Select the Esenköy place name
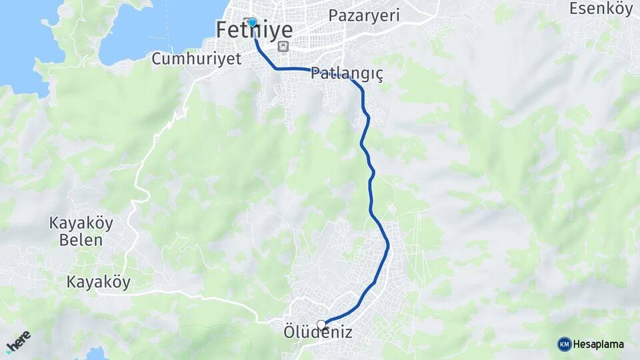click(x=601, y=9)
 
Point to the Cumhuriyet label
click(x=196, y=59)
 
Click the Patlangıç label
click(x=347, y=73)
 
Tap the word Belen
click(x=81, y=240)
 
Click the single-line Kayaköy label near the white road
click(x=98, y=282)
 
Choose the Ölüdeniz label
click(x=317, y=332)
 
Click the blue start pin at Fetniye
click(x=252, y=23)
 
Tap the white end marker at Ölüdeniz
click(x=322, y=325)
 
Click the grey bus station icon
click(x=283, y=47)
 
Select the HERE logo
click(x=19, y=341)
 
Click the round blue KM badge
click(x=565, y=344)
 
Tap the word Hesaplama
click(x=599, y=345)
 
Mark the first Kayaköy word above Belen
click(x=81, y=223)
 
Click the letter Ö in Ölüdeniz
click(x=289, y=331)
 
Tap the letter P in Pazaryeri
click(x=333, y=15)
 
